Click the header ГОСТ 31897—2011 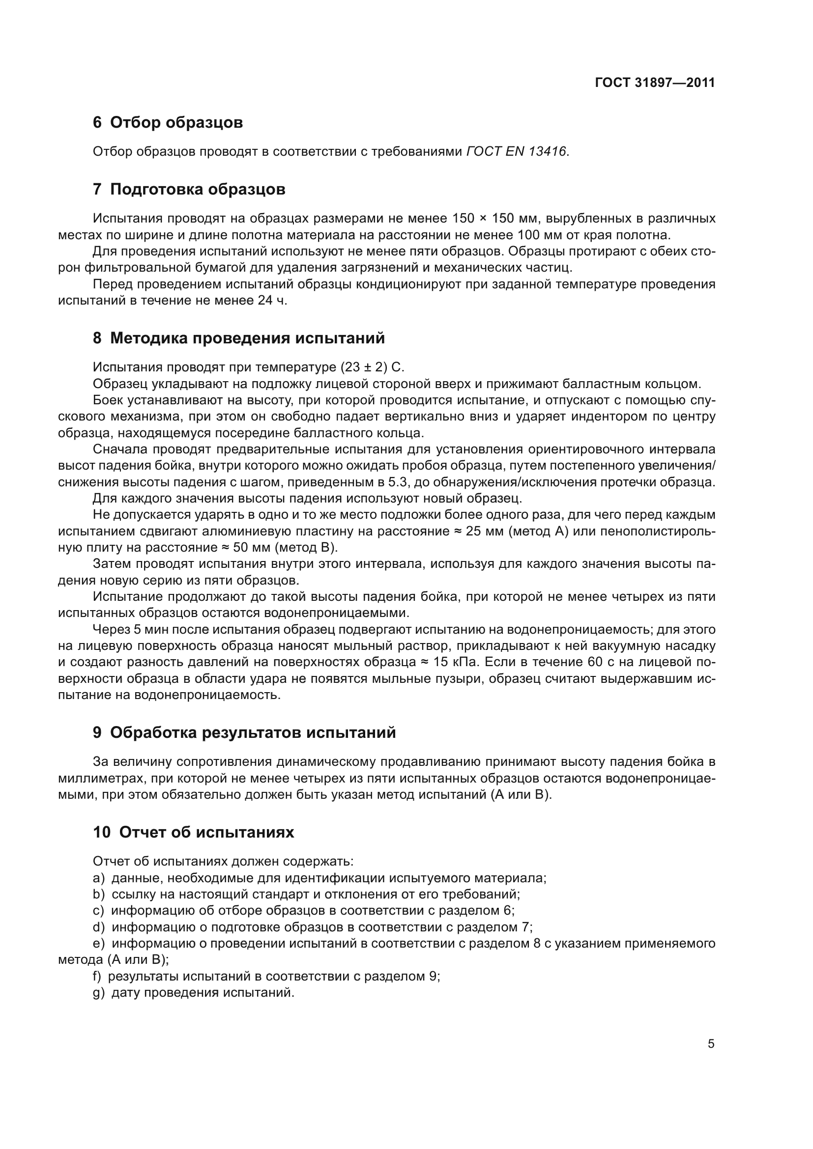click(654, 83)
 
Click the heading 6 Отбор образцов click(168, 122)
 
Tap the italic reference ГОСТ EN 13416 click(517, 151)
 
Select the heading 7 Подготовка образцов click(189, 189)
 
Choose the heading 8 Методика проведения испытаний click(239, 338)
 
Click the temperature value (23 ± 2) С click(372, 367)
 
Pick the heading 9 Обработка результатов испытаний click(244, 732)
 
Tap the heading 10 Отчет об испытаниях click(193, 832)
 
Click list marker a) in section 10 click(99, 878)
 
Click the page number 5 click(711, 1043)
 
